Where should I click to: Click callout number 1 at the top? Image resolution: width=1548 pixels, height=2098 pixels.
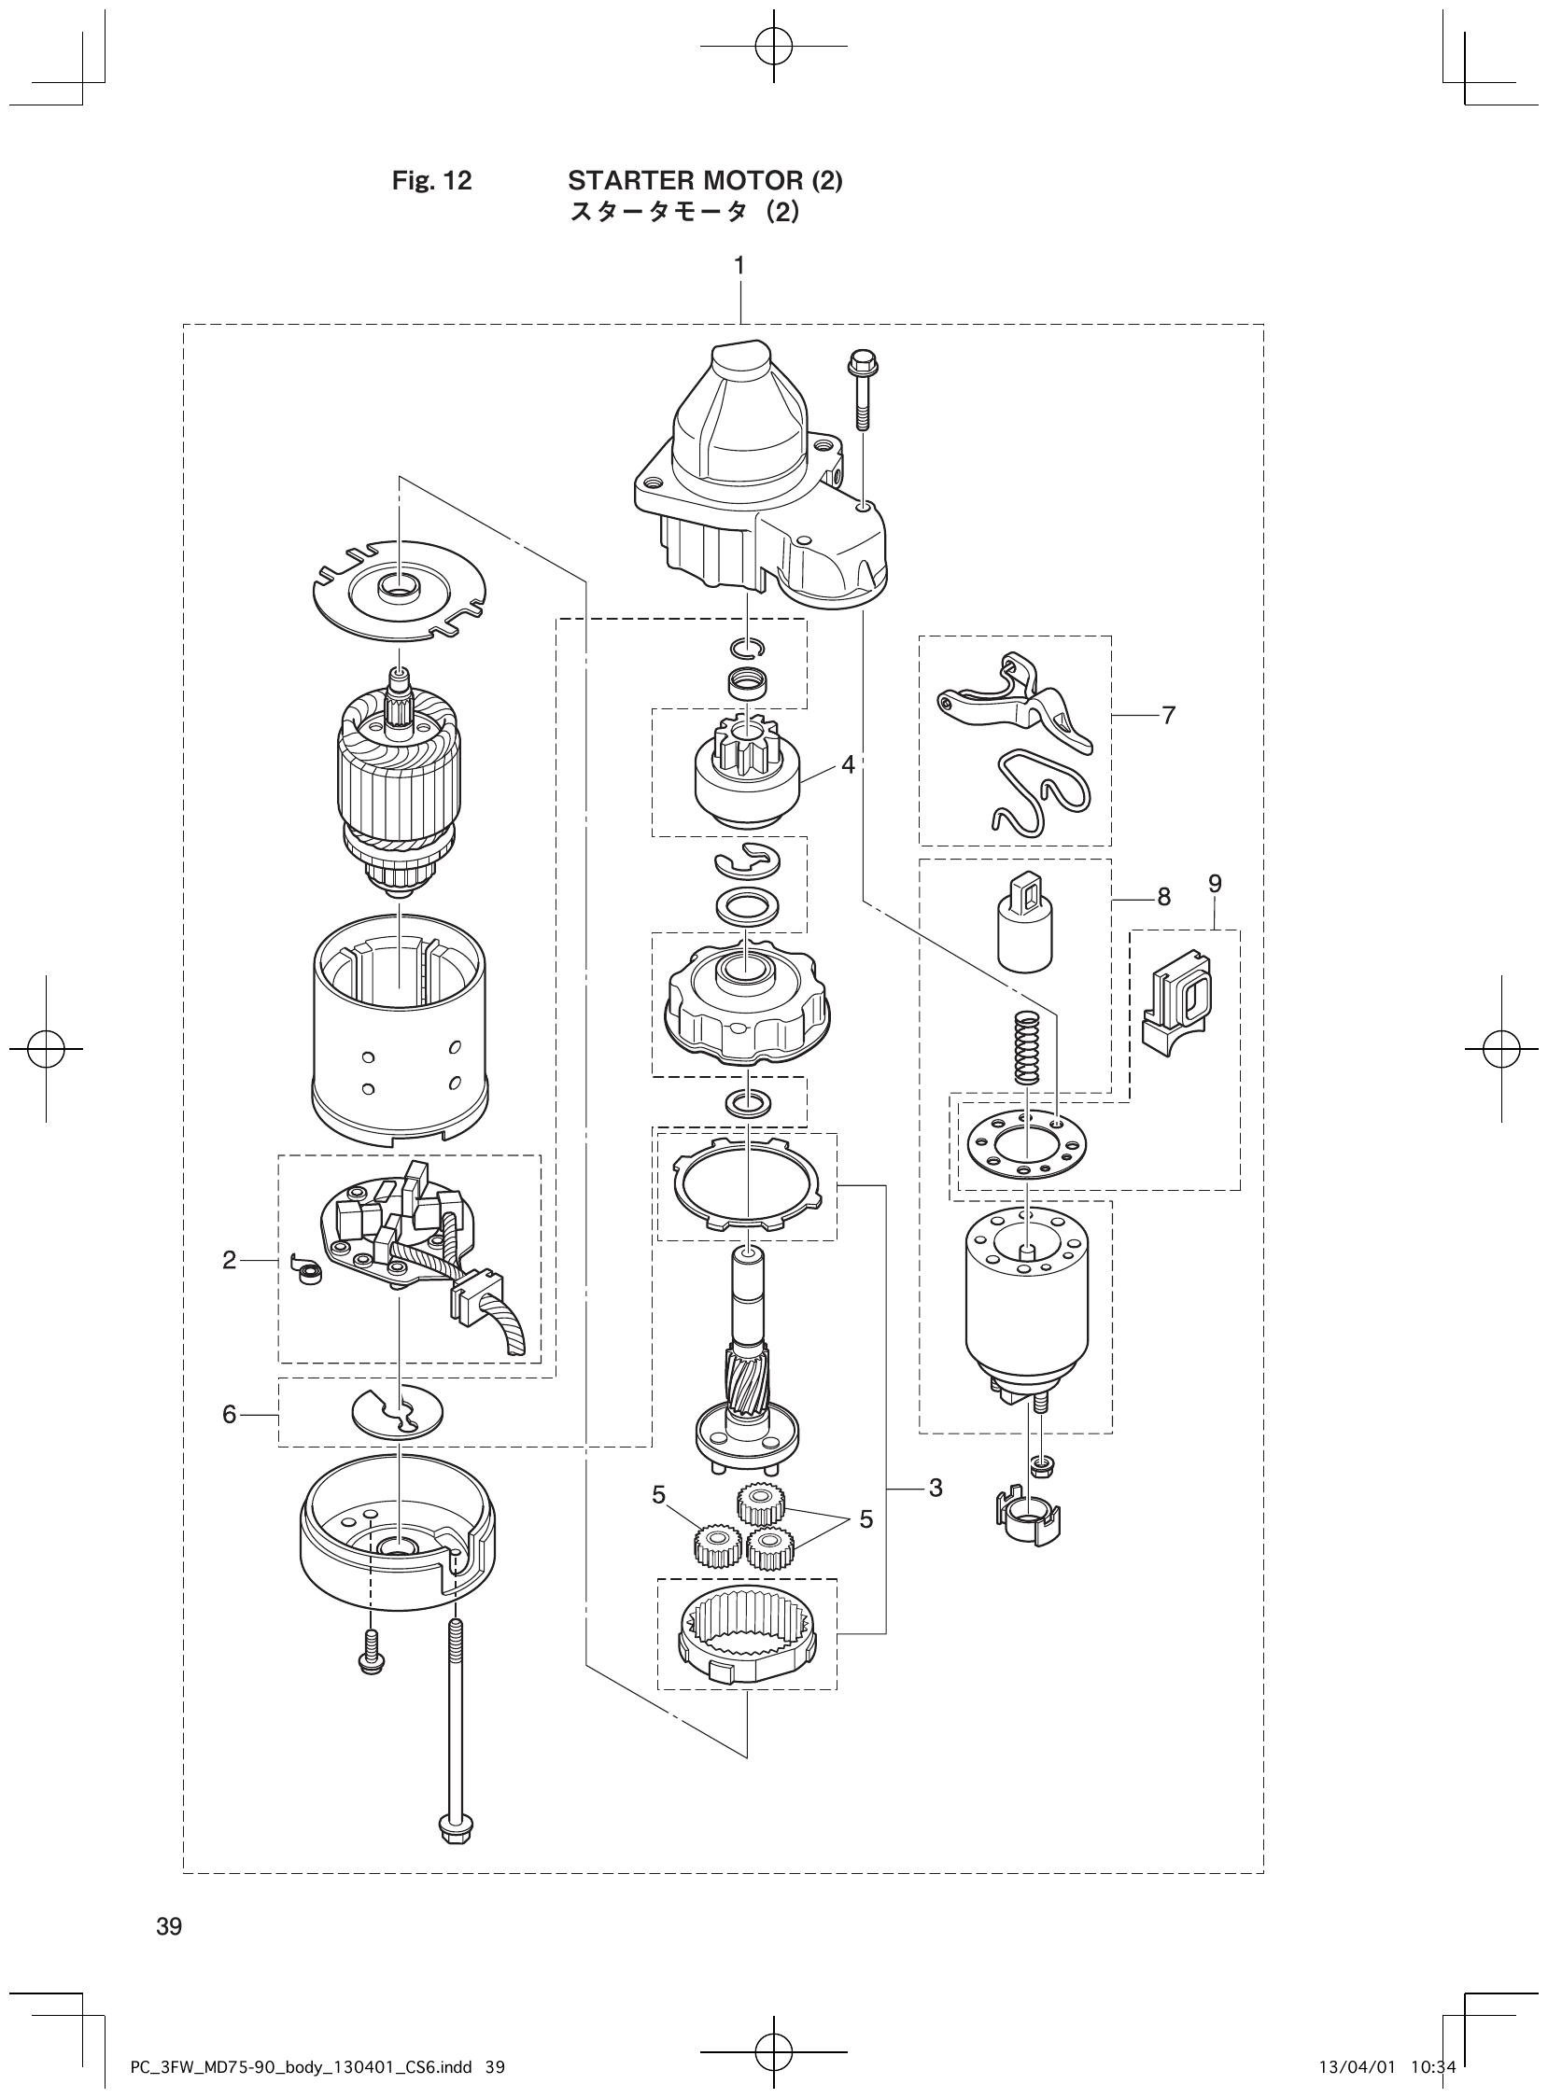739,266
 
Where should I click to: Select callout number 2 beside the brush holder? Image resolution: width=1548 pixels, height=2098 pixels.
230,1261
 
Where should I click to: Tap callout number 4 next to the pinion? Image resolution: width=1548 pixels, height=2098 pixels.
847,765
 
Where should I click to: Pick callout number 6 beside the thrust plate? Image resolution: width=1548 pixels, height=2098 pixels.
230,1414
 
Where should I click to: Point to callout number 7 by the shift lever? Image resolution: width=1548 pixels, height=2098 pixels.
1168,716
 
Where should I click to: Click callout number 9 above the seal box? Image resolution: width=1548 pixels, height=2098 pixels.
1215,883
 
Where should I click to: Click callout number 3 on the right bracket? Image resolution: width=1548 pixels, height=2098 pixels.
936,1488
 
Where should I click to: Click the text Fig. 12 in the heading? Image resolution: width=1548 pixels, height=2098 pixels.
431,181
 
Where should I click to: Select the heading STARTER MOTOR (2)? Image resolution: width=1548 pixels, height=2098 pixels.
705,181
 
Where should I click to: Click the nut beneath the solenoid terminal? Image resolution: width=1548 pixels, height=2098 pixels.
1038,1463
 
